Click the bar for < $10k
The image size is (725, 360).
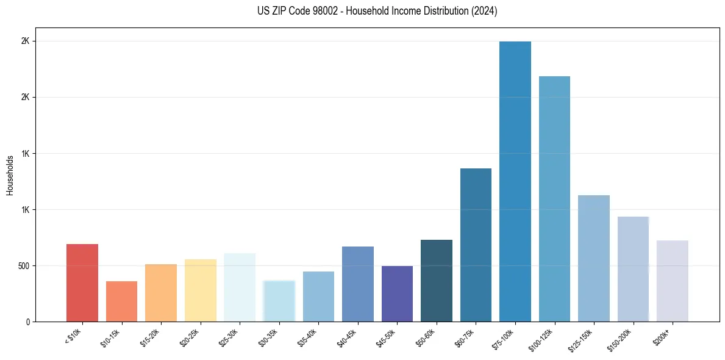pyautogui.click(x=82, y=283)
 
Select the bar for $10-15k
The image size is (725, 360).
pyautogui.click(x=121, y=301)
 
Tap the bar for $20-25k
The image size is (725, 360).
pyautogui.click(x=200, y=290)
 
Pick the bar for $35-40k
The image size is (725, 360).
pyautogui.click(x=318, y=297)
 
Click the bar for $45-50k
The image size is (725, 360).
pyautogui.click(x=397, y=293)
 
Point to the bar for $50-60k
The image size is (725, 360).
pyautogui.click(x=437, y=281)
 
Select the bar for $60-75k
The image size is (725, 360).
pyautogui.click(x=476, y=245)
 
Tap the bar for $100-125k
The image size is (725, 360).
pyautogui.click(x=554, y=199)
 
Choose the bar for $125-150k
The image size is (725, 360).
pyautogui.click(x=594, y=258)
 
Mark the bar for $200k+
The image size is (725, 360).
pyautogui.click(x=673, y=281)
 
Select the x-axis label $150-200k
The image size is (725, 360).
pyautogui.click(x=623, y=339)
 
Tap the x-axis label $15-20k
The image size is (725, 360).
pyautogui.click(x=151, y=337)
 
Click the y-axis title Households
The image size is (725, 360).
pyautogui.click(x=10, y=175)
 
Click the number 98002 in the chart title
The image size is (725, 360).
pyautogui.click(x=317, y=12)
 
